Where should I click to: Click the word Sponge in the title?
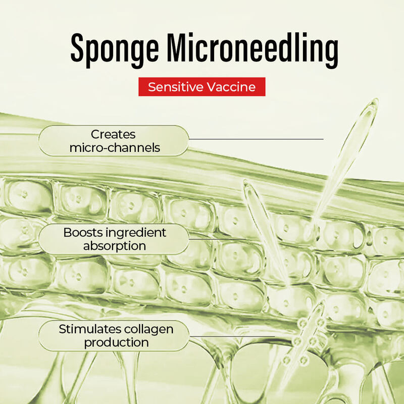click(115, 50)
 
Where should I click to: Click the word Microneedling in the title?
click(252, 50)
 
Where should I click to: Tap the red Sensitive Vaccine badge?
click(201, 87)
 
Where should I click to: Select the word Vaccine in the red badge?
click(231, 87)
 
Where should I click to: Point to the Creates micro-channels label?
click(114, 141)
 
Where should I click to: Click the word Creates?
click(113, 134)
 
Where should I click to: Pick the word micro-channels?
click(115, 148)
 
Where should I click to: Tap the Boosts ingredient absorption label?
click(114, 239)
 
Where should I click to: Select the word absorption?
click(115, 246)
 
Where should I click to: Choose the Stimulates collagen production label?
click(114, 336)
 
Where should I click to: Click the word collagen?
click(148, 330)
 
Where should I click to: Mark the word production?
click(117, 343)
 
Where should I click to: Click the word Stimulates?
click(90, 329)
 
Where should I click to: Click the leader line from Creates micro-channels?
click(257, 139)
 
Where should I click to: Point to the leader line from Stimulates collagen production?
click(232, 336)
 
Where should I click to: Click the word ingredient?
click(136, 233)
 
